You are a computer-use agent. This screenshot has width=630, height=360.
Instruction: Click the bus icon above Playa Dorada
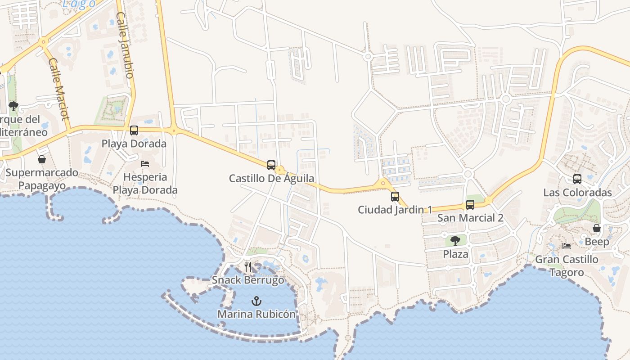[134, 130]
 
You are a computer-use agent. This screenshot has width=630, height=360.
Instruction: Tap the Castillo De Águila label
[271, 178]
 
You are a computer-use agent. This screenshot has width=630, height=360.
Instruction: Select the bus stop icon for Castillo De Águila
[271, 165]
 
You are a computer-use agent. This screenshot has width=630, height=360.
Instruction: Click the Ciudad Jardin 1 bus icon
[395, 196]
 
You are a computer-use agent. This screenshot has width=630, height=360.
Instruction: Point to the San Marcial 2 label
[470, 218]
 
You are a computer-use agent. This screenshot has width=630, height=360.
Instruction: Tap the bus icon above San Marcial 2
[470, 205]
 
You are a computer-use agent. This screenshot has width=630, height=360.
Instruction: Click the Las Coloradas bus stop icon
[577, 179]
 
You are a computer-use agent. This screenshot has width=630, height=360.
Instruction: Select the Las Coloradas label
[577, 193]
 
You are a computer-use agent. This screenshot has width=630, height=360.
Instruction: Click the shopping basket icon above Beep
[596, 228]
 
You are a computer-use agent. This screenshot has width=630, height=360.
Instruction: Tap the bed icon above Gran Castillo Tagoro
[567, 246]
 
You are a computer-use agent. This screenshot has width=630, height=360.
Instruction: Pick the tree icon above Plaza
[455, 240]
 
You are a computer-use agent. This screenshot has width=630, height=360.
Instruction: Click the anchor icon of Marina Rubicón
[256, 300]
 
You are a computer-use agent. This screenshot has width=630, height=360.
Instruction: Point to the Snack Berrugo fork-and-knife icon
[248, 267]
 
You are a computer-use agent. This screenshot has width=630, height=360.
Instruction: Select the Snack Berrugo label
[248, 280]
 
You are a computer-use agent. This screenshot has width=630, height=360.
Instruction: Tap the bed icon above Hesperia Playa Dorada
[145, 163]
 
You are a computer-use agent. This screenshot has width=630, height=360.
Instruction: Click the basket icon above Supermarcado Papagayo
[42, 159]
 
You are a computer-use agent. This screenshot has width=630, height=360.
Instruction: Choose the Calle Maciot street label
[59, 89]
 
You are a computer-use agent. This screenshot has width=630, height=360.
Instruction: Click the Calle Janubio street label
[125, 45]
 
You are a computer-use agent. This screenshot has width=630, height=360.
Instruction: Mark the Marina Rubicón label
[256, 314]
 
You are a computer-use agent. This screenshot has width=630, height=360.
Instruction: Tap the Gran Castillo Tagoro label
[567, 265]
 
